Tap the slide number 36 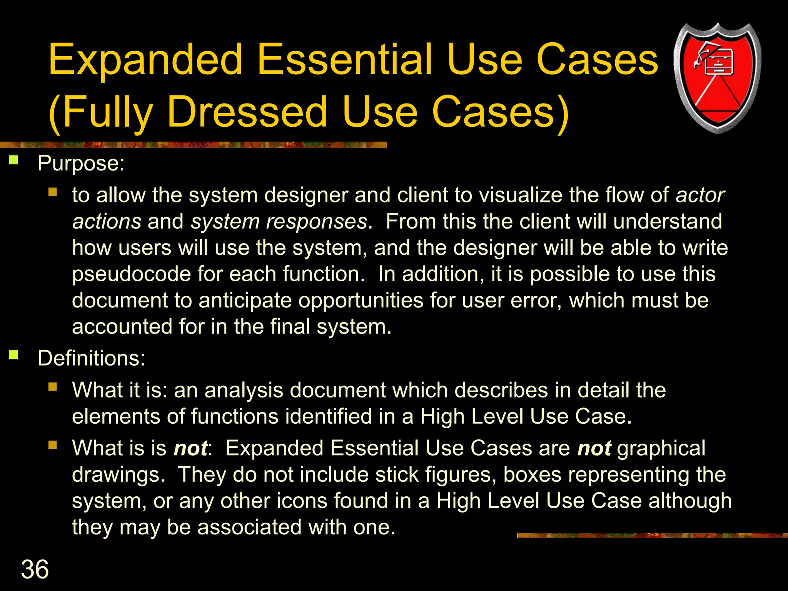(x=35, y=569)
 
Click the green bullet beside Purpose (x=14, y=160)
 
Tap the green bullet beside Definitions (x=14, y=354)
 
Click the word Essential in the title (x=345, y=60)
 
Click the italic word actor (x=700, y=195)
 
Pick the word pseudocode (x=132, y=274)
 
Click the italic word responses (x=317, y=222)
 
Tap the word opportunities (x=361, y=301)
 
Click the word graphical (x=661, y=448)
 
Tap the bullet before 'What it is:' (x=53, y=386)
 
